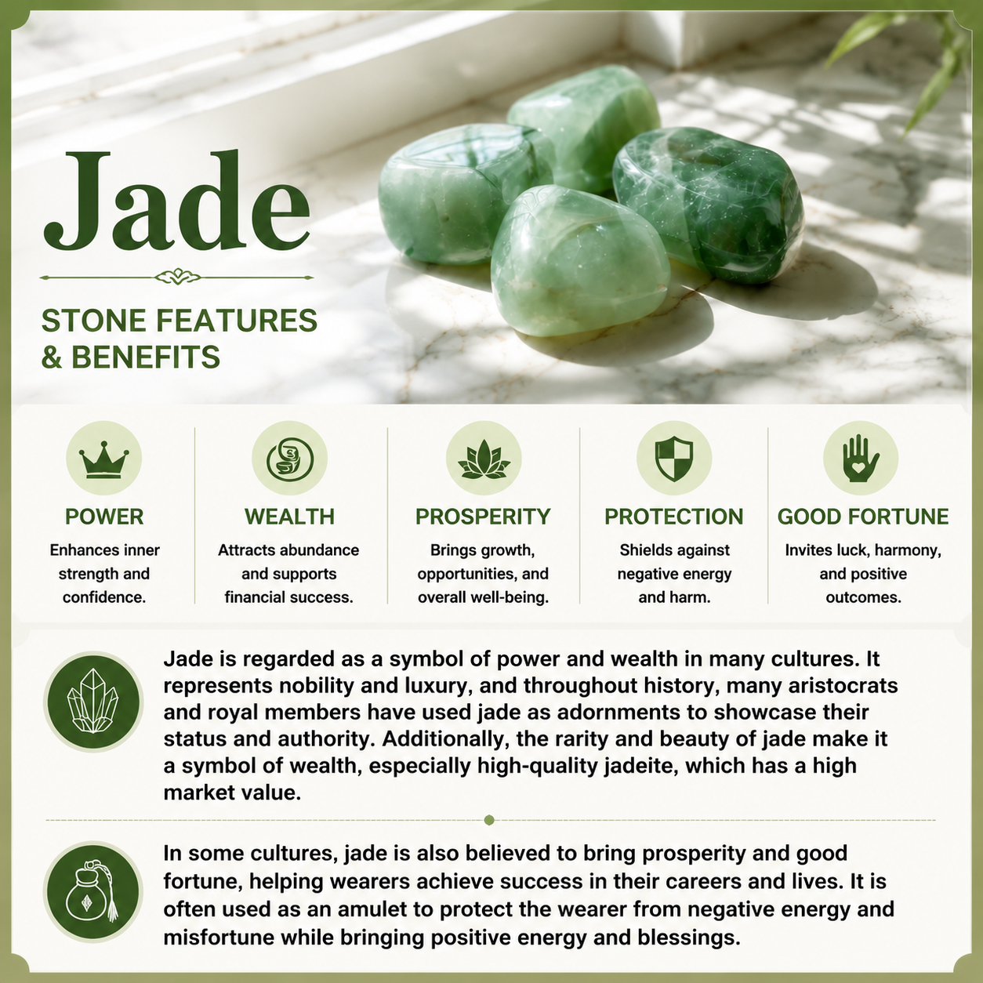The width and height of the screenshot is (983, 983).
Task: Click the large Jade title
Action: (176, 201)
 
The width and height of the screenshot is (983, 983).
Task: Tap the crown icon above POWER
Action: (104, 459)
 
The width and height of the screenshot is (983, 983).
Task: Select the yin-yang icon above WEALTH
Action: (289, 459)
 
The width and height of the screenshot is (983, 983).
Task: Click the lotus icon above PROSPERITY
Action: (484, 459)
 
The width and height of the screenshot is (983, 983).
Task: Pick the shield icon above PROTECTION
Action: (674, 459)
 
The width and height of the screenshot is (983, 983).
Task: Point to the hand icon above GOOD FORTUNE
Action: (861, 459)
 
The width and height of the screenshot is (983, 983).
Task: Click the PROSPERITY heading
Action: (483, 517)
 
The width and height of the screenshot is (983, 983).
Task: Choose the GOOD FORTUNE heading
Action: (863, 517)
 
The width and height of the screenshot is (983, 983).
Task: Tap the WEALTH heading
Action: (289, 517)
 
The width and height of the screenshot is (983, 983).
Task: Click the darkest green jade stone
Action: (708, 204)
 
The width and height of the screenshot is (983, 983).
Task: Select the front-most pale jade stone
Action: (580, 261)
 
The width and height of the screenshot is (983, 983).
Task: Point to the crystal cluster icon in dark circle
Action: (93, 702)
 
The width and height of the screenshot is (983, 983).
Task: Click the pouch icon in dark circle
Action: (93, 892)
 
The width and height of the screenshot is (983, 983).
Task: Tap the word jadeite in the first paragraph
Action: (641, 766)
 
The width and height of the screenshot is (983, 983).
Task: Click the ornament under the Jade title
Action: (177, 277)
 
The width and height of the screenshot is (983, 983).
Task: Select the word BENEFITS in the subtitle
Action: (146, 357)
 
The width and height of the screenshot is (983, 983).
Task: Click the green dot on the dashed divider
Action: (489, 820)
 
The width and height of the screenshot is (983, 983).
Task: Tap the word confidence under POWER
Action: (104, 597)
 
